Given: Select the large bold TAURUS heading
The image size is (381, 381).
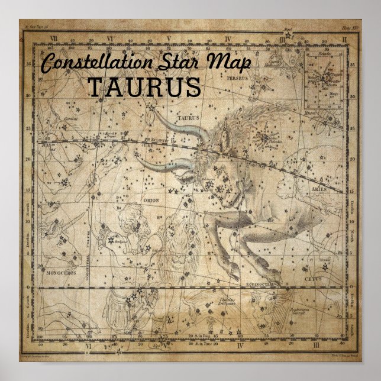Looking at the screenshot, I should [x=144, y=88].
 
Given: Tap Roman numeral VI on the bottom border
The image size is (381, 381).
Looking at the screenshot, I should [x=87, y=346].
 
